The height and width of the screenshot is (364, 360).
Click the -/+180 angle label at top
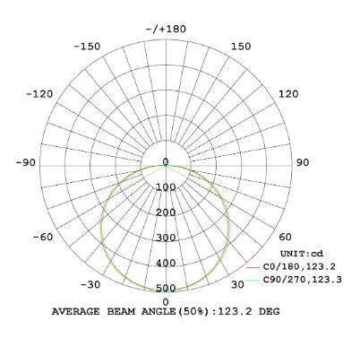pyautogui.click(x=166, y=29)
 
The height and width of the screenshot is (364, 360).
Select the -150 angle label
pyautogui.click(x=87, y=47)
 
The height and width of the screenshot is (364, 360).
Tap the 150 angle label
pyautogui.click(x=241, y=47)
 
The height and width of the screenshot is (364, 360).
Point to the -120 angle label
pyautogui.click(x=39, y=94)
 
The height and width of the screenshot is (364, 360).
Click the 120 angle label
pyautogui.click(x=288, y=94)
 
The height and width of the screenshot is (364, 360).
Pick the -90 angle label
pyautogui.click(x=26, y=162)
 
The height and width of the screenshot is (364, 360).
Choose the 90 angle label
pyautogui.click(x=303, y=162)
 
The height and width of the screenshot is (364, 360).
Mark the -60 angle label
pyautogui.click(x=43, y=237)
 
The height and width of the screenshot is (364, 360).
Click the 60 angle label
pyautogui.click(x=285, y=237)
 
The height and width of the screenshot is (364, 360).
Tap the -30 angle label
pyautogui.click(x=90, y=284)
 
